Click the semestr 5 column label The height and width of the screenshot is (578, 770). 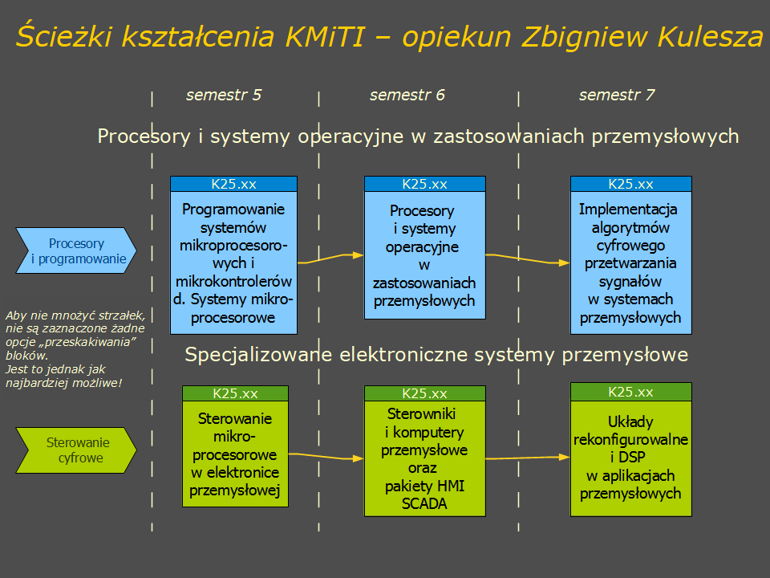click(224, 95)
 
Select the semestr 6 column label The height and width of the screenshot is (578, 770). click(407, 95)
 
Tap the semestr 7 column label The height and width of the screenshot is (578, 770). click(617, 95)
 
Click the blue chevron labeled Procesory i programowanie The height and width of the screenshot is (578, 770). click(76, 250)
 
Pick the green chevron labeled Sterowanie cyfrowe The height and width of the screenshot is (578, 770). click(76, 450)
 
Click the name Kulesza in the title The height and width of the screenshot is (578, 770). click(710, 36)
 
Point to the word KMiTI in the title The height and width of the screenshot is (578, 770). click(325, 36)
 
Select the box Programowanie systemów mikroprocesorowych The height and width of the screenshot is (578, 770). click(233, 255)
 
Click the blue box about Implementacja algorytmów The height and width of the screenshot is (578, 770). click(631, 255)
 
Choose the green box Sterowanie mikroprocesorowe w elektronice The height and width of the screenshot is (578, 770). click(235, 446)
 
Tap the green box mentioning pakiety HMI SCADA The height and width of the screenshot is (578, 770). click(425, 451)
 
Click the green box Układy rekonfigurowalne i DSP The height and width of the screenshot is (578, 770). click(631, 450)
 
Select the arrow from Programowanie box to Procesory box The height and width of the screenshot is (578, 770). click(330, 258)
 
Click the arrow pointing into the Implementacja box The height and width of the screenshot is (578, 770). click(528, 258)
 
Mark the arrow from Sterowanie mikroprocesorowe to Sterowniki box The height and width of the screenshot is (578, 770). click(326, 456)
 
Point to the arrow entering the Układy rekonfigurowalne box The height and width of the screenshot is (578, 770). click(528, 458)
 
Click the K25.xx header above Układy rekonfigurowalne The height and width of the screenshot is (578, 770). click(631, 392)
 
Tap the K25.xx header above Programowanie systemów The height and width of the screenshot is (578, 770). click(233, 184)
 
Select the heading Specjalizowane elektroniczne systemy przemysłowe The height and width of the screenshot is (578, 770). click(436, 354)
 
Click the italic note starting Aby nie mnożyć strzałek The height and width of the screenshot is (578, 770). click(75, 348)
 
